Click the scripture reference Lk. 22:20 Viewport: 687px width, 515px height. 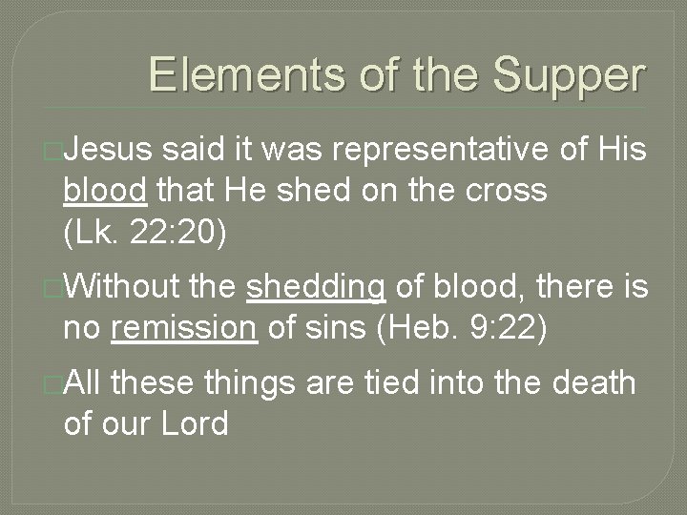coord(145,231)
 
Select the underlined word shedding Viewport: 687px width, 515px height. coord(316,287)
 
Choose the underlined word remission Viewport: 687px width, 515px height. coord(184,328)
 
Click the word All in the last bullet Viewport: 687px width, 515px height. coord(87,382)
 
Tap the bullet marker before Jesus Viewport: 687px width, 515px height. coord(55,151)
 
